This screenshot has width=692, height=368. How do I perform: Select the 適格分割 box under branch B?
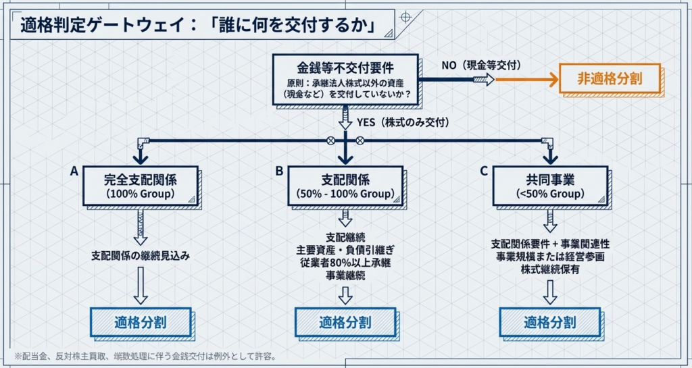345,322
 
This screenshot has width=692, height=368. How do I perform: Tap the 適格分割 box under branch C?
549,322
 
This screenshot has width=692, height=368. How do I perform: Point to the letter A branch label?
74,172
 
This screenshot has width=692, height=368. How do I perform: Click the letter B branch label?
279,172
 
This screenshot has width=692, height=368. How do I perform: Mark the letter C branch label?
484,172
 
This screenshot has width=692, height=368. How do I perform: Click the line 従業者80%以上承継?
345,263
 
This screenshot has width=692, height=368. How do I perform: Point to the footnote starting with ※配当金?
145,356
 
